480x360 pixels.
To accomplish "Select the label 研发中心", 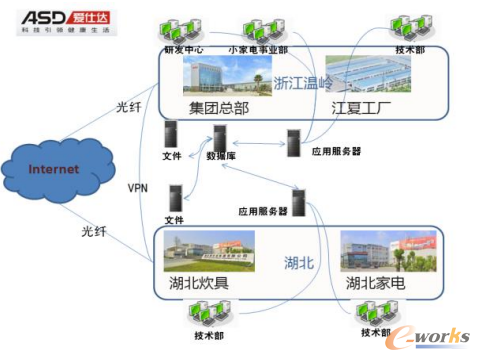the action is (x=179, y=48).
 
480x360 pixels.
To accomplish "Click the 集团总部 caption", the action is (x=218, y=107).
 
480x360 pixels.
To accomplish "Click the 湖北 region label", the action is (x=300, y=261).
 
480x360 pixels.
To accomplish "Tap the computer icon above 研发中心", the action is (x=180, y=30).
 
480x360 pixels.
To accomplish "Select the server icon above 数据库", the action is (x=217, y=134).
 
